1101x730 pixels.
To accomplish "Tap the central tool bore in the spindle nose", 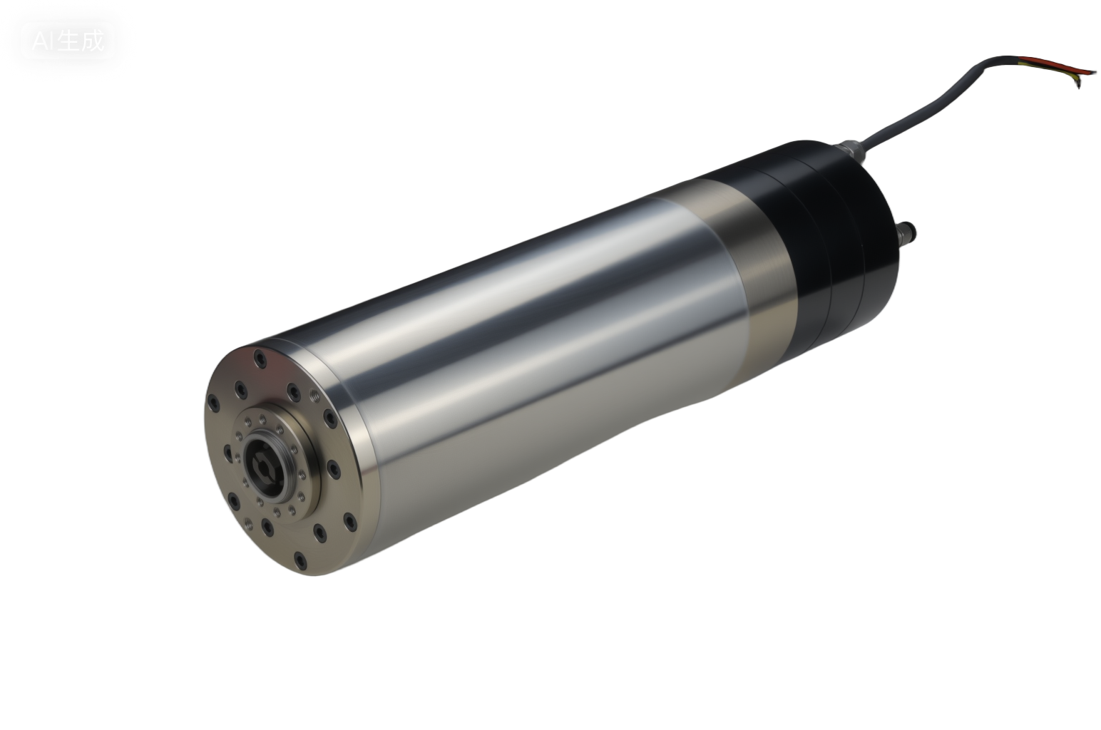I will [x=265, y=468].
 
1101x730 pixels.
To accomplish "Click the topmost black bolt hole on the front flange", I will [x=260, y=359].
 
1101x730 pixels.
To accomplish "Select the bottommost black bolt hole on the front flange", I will [x=300, y=561].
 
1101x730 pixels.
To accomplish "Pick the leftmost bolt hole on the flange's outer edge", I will [x=213, y=403].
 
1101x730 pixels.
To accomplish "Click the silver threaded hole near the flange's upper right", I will [x=314, y=396].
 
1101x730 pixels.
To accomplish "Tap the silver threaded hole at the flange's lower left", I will [x=248, y=524].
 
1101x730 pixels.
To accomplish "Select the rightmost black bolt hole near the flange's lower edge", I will [x=350, y=522].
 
